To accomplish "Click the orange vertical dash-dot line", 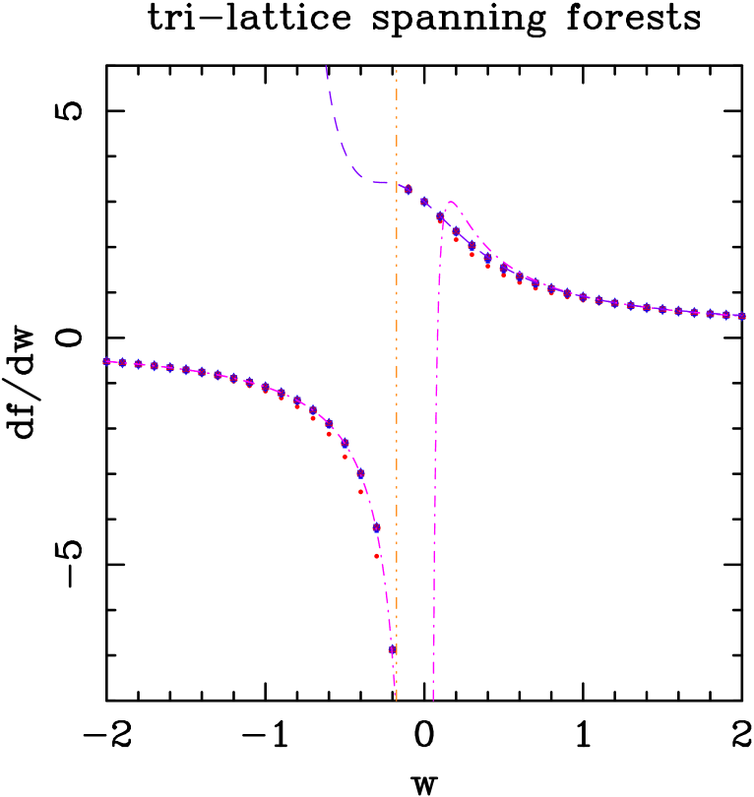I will [397, 394].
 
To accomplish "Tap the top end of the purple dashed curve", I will [326, 66].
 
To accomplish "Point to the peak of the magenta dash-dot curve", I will [452, 202].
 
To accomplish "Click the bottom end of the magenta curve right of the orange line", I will [433, 700].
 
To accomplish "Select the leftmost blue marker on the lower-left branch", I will [106, 361].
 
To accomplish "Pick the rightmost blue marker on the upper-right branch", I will [741, 317].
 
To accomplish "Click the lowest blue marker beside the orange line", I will [392, 649].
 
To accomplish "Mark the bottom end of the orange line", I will [397, 701].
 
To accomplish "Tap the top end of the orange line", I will [397, 71].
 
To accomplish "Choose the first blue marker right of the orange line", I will [408, 189].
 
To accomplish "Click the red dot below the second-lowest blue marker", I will [377, 556].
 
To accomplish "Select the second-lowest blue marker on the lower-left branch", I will [376, 527].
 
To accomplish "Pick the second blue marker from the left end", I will [122, 363].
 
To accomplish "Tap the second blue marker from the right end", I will [725, 315].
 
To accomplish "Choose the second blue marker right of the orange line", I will [424, 202].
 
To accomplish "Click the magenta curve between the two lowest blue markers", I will [385, 590].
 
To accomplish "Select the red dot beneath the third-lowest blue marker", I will [361, 492].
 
